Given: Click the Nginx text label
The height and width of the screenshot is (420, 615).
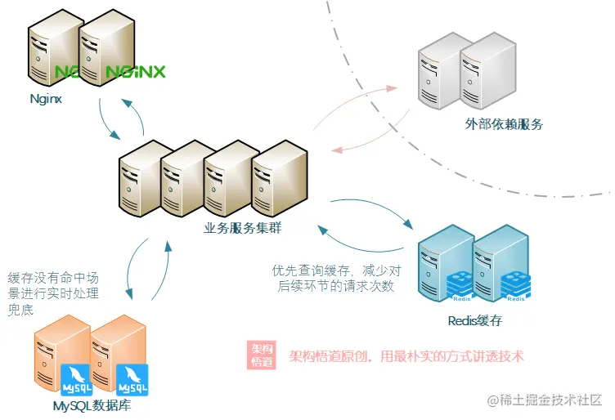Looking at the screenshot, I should [x=46, y=99].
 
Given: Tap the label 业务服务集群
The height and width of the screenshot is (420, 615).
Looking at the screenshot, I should [x=243, y=229].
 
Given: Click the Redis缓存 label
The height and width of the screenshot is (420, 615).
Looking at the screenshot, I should [x=475, y=320].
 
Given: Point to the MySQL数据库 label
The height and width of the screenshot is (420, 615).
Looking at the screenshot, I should [x=92, y=405].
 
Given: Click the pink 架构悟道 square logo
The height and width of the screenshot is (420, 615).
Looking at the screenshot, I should [x=262, y=355].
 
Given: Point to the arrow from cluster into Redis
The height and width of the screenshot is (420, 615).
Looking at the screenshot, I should [x=376, y=209].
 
